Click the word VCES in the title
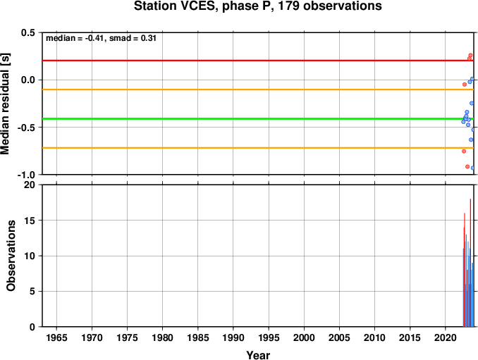click(197, 6)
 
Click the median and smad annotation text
click(101, 38)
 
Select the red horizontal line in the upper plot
click(258, 61)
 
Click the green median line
click(258, 119)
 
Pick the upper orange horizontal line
click(258, 89)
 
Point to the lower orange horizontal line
click(258, 148)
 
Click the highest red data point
click(470, 55)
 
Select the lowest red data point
click(467, 166)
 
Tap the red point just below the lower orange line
click(464, 151)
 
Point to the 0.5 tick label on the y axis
click(28, 32)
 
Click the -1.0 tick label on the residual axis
click(26, 175)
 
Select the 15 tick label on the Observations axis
click(30, 221)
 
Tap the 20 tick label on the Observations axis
click(30, 185)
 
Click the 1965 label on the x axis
click(56, 337)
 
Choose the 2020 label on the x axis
click(446, 337)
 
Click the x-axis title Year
click(258, 355)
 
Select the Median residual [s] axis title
click(5, 104)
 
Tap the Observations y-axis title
click(11, 256)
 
